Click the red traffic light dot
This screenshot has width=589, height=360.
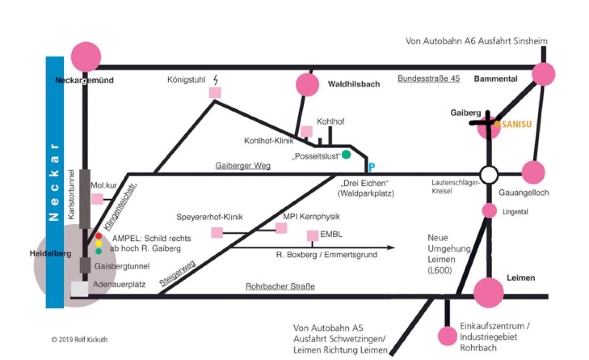click(99, 236)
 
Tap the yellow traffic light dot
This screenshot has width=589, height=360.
click(99, 243)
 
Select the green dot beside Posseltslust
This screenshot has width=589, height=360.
click(346, 155)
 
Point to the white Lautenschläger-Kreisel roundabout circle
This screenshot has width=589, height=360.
click(489, 175)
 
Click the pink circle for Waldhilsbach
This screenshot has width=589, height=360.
click(308, 85)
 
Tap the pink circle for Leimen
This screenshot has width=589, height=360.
click(489, 292)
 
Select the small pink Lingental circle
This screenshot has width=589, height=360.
click(489, 211)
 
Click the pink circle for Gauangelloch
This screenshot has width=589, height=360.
click(533, 172)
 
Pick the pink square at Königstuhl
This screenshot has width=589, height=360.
click(215, 92)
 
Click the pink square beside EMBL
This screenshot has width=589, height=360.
click(313, 236)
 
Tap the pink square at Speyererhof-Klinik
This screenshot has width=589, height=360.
click(217, 232)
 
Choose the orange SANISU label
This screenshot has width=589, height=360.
click(516, 125)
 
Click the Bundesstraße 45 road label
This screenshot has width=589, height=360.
click(428, 78)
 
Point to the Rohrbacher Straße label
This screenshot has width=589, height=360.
click(280, 287)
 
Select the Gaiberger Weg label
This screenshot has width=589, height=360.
click(242, 166)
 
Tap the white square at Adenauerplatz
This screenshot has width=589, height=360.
click(79, 289)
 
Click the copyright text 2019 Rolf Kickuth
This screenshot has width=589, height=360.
click(79, 339)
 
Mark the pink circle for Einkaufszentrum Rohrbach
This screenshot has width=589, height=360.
click(447, 336)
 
